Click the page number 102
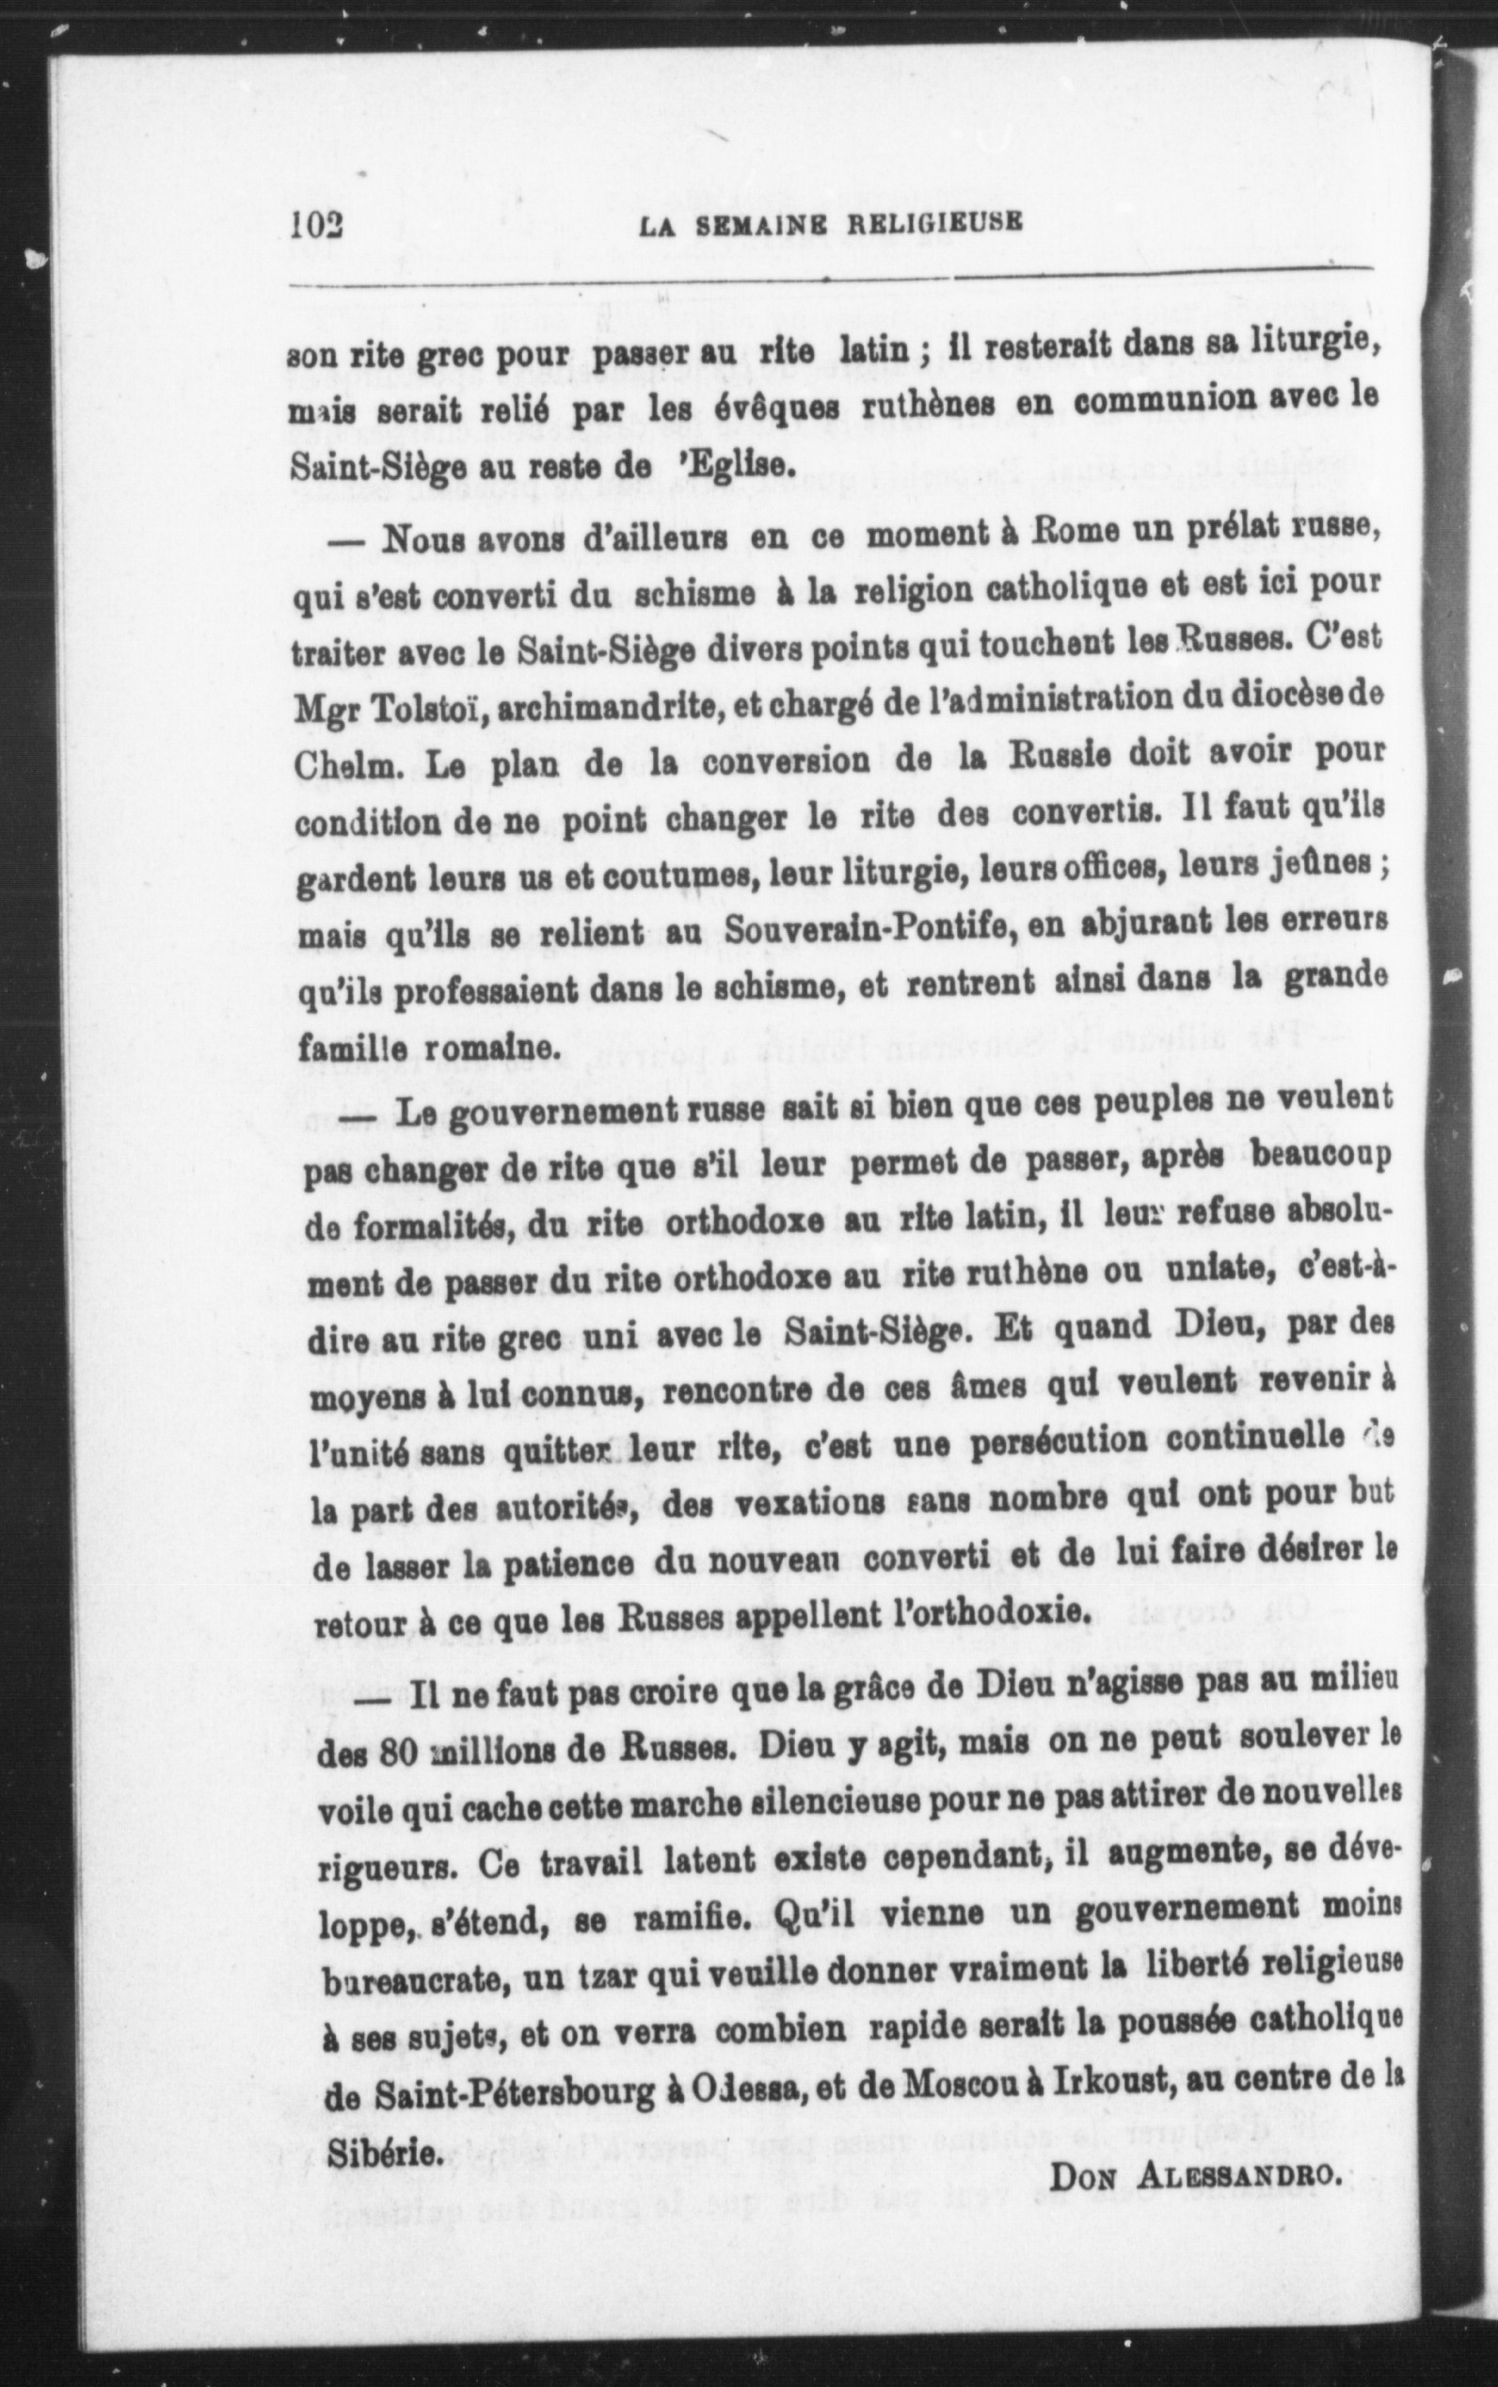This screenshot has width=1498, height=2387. [x=316, y=224]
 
